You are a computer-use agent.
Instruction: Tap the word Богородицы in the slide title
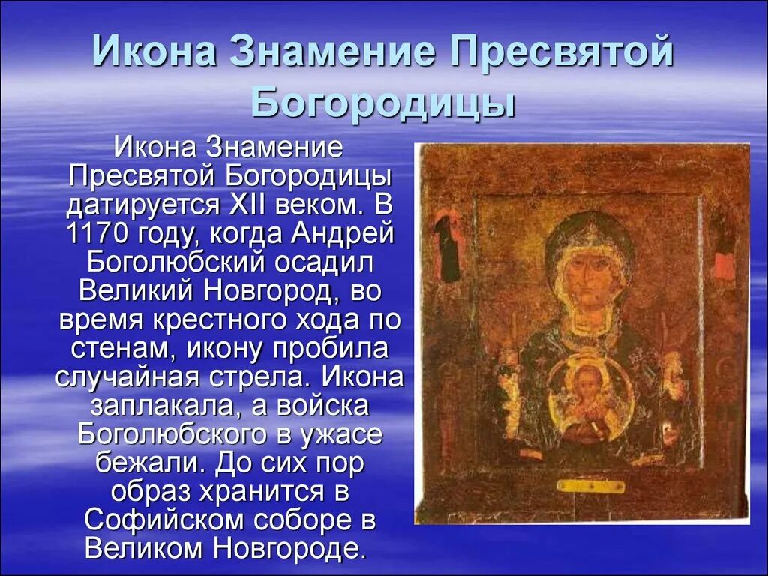[383, 104]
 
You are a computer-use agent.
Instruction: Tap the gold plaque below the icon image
[590, 487]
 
